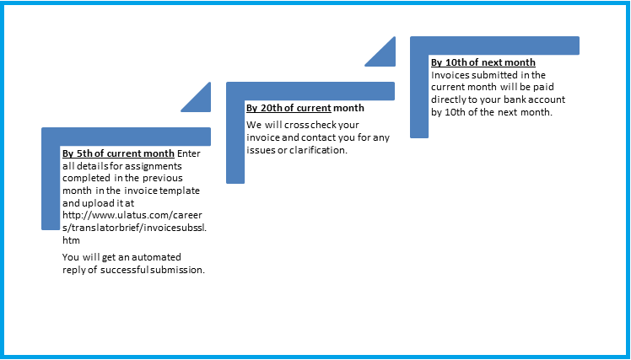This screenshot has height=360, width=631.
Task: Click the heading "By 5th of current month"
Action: click(118, 153)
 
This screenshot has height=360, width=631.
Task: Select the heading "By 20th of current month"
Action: click(305, 108)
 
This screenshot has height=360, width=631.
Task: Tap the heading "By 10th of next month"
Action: click(483, 62)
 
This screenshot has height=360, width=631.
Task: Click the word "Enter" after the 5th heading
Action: click(189, 153)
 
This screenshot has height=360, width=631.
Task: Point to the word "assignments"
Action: click(157, 167)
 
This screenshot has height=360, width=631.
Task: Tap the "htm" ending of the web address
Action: click(71, 240)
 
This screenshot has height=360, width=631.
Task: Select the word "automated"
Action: click(157, 257)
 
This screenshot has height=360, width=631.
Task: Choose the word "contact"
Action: click(316, 137)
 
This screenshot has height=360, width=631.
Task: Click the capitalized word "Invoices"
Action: click(450, 75)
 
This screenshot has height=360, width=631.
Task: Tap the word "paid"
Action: click(545, 88)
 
